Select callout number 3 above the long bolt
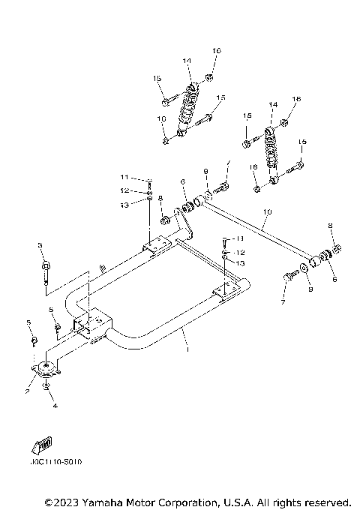39,245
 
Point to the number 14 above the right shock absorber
273,103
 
